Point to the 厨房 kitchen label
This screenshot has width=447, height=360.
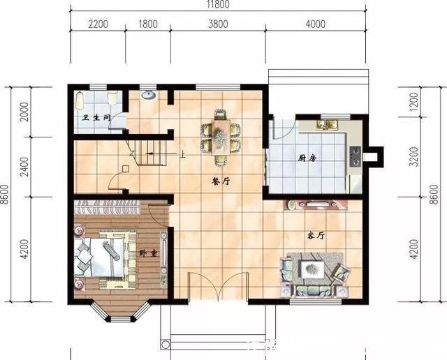pos(308,158)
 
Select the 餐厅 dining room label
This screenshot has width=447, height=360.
pos(221,180)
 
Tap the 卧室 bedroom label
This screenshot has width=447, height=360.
pos(147,252)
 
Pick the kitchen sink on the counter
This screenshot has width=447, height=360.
pos(326,125)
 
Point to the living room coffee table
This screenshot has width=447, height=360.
pos(310,268)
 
